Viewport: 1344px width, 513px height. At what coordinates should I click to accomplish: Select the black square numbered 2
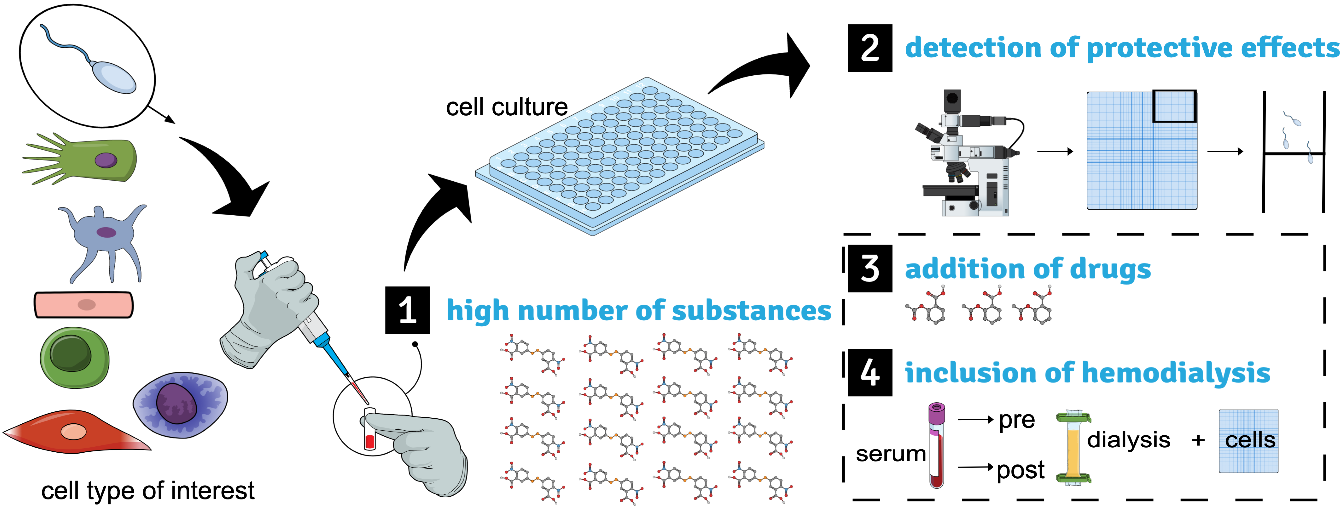870,48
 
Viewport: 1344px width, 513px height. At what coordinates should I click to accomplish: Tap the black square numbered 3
870,268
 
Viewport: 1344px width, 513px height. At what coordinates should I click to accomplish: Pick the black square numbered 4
870,373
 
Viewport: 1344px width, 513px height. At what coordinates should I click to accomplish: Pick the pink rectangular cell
84,305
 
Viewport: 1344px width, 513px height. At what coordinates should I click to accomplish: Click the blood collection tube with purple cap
937,446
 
